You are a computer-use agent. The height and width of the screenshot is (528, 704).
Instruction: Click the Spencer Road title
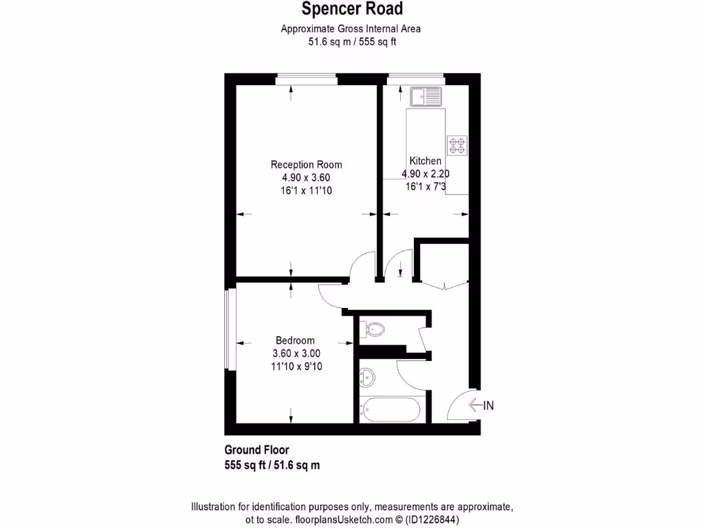(x=352, y=9)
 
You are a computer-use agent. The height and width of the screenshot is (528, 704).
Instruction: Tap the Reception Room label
(x=306, y=164)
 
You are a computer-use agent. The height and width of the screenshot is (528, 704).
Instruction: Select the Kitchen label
(x=425, y=161)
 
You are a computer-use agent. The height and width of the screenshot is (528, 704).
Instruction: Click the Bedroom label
(x=295, y=340)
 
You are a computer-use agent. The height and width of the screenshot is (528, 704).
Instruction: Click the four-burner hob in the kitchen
(x=457, y=145)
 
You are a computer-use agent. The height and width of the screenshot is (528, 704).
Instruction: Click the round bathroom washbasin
(x=368, y=377)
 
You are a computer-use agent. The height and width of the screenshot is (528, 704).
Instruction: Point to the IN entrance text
(x=488, y=406)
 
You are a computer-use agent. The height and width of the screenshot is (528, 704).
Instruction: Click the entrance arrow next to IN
(x=475, y=406)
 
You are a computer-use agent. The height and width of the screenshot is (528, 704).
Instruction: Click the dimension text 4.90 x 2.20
(x=426, y=174)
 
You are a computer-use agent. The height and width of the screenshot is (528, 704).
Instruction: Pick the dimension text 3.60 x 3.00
(x=296, y=353)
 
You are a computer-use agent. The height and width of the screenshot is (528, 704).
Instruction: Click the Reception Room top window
(x=307, y=79)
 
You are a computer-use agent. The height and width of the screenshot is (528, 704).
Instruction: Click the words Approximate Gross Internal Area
(x=351, y=29)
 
